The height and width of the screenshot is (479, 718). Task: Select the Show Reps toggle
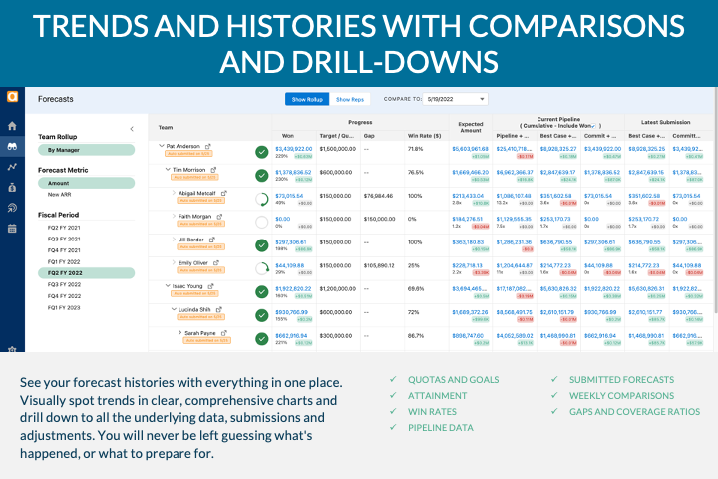click(350, 100)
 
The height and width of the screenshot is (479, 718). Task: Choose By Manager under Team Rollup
click(66, 150)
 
